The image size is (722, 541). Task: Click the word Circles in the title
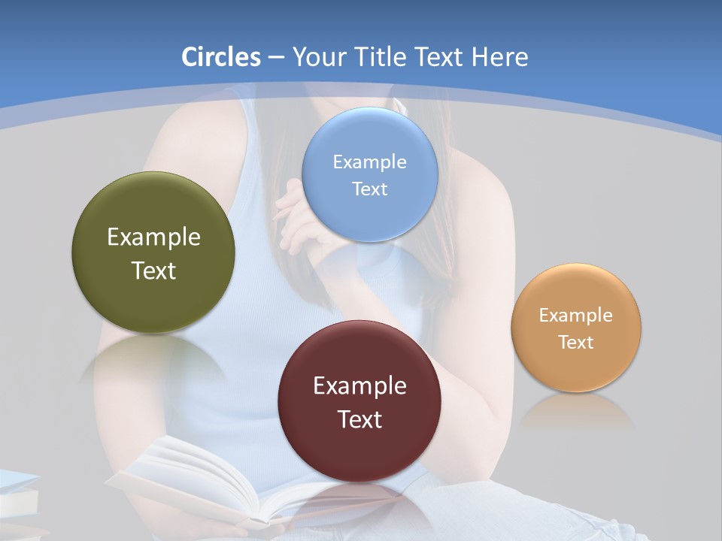220,57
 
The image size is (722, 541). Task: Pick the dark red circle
359,451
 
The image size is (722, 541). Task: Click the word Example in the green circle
153,237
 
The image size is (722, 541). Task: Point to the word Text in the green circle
153,270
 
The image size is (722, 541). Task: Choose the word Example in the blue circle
369,162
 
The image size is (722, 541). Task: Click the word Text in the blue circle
369,189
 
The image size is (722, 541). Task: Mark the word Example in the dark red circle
359,386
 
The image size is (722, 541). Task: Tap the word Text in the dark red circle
359,419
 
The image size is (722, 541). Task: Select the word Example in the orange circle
576,315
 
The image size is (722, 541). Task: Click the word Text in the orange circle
576,342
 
